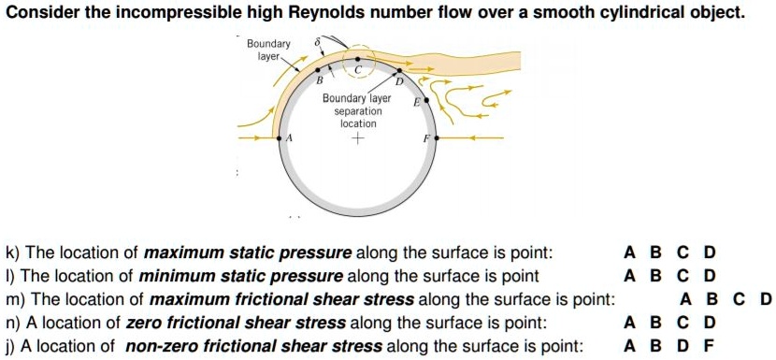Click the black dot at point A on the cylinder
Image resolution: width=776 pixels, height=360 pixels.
[280, 138]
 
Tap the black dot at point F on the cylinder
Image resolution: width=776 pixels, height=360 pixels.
[433, 138]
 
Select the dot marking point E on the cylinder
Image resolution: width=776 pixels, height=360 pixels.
[428, 98]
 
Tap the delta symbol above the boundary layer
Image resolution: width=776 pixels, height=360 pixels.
[318, 43]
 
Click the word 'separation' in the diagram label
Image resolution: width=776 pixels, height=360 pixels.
[357, 110]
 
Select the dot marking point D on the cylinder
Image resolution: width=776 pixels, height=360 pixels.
[400, 70]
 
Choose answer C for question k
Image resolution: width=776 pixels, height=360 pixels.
[683, 253]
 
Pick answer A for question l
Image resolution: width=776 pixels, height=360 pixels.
[629, 276]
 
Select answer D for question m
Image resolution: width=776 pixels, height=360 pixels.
[766, 300]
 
